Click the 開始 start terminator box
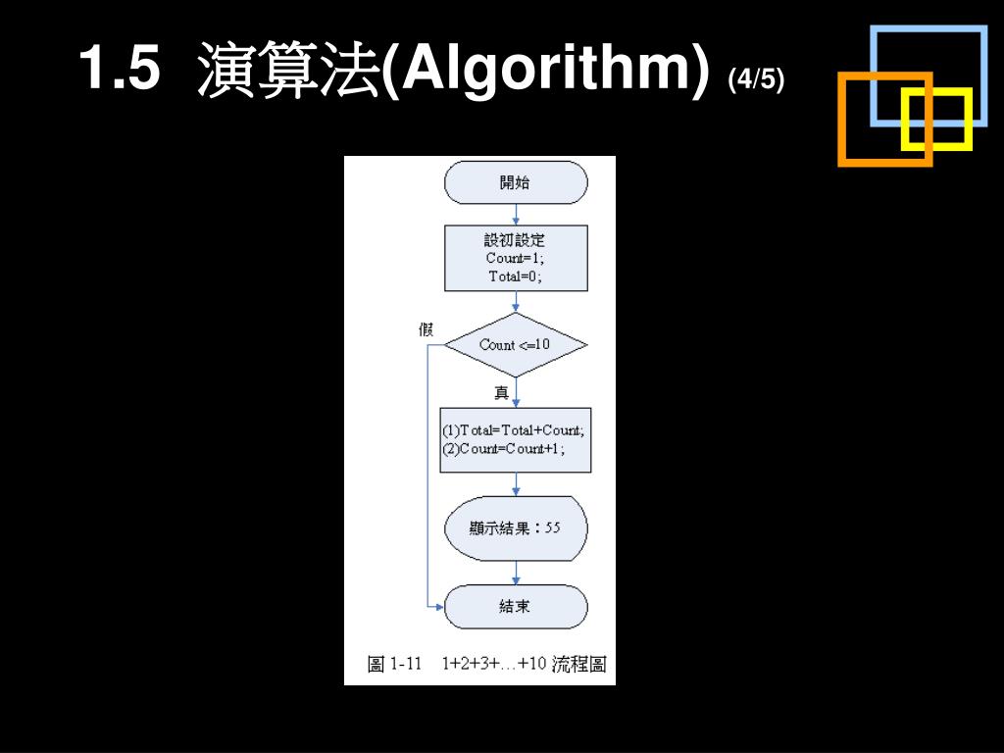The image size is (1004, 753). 516,182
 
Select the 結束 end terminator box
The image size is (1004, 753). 516,607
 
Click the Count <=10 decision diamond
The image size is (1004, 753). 516,345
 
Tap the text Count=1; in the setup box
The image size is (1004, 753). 515,258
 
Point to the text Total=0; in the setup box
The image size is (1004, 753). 515,276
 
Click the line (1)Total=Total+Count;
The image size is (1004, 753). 513,430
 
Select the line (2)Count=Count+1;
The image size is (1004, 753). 504,448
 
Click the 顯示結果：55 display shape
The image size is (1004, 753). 516,527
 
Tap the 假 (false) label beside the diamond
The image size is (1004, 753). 426,329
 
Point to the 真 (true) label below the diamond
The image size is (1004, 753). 501,393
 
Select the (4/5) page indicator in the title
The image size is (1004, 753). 756,78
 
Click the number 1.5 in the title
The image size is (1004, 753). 118,71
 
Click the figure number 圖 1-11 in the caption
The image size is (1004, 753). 394,665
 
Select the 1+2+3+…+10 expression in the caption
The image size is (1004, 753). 493,665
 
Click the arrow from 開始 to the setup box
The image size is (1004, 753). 516,215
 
